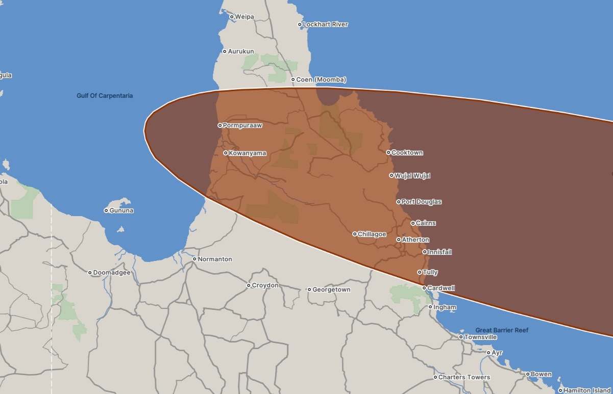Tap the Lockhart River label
pos(325,24)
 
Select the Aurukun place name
pos(240,51)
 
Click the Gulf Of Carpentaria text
pos(105,96)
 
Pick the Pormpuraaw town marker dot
pos(220,125)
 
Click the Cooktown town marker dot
pos(388,152)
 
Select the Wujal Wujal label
pos(412,176)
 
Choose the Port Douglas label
pos(421,202)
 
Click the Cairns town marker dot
pos(413,223)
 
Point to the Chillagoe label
pos(372,234)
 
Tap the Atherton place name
pos(415,240)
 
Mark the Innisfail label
pos(439,252)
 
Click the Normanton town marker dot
pos(194,259)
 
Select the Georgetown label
pos(331,290)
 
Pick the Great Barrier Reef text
pos(502,330)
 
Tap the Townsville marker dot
pos(461,337)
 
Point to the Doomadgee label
pos(111,273)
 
